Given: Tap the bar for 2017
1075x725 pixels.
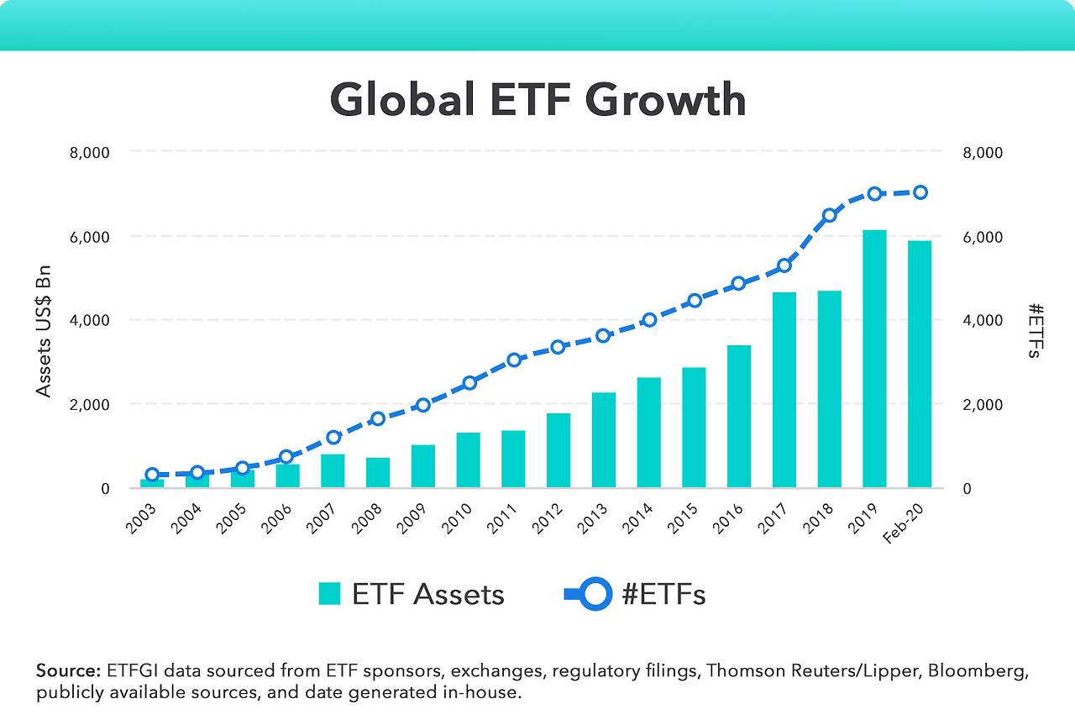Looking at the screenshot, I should coord(784,390).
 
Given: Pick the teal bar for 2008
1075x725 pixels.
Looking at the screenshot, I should coord(378,472).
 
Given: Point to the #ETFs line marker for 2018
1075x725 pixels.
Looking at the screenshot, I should coord(829,215).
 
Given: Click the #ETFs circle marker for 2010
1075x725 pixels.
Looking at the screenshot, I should coord(469,383).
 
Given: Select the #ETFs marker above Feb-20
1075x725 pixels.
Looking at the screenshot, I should coord(920,192).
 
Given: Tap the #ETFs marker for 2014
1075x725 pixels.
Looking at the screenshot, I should coord(649,319).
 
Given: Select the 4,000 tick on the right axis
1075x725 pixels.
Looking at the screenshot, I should coord(982,321).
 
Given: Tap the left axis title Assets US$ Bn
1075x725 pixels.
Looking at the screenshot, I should coord(45,331).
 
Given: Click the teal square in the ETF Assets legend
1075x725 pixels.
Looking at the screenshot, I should coord(329,594).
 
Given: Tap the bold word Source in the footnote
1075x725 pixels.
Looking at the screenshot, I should coord(67,671).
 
